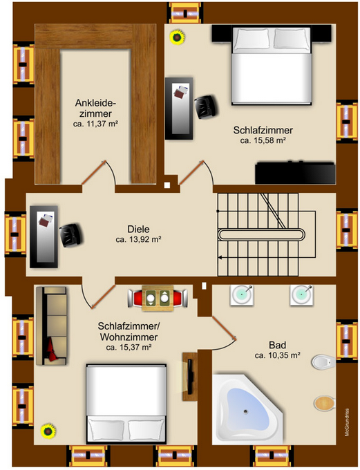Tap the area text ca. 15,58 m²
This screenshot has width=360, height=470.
[x=263, y=140]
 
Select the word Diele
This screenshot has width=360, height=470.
[x=138, y=230]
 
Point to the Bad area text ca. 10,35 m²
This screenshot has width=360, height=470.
[x=276, y=355]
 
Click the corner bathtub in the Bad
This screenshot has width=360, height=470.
[x=247, y=408]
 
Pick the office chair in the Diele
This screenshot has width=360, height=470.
[x=71, y=234]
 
